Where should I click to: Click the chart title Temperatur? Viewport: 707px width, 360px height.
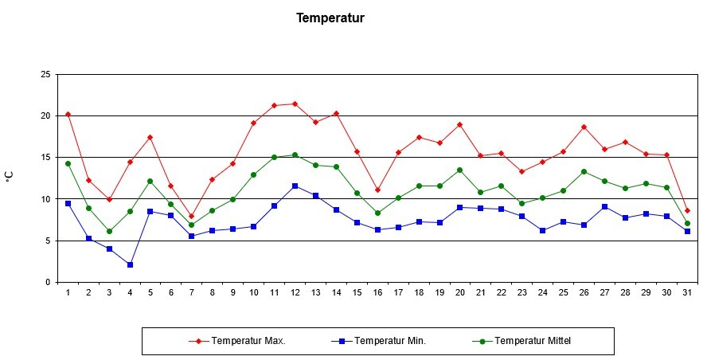[x=330, y=18]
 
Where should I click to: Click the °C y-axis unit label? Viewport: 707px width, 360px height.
[x=10, y=177]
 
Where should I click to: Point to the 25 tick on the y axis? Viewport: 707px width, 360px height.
[x=45, y=74]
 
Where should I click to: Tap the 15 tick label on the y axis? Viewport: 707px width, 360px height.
[x=45, y=158]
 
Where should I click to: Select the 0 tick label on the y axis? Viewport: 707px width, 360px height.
[x=48, y=282]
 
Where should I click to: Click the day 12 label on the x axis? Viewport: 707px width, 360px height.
[x=295, y=293]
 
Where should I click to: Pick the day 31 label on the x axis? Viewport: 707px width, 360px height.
[x=687, y=293]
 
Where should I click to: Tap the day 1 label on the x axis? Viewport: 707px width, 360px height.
[x=68, y=293]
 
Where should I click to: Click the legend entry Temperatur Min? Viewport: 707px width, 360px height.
[x=390, y=341]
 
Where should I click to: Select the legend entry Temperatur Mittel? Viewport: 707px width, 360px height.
[x=533, y=341]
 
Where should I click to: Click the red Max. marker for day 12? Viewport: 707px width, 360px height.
[x=295, y=104]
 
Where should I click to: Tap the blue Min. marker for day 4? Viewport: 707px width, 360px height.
[x=130, y=264]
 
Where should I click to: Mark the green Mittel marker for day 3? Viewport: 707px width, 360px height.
[x=109, y=231]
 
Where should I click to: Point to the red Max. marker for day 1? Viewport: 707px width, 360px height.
[x=68, y=114]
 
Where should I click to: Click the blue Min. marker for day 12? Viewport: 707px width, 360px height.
[x=295, y=186]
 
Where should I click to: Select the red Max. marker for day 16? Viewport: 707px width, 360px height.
[x=377, y=190]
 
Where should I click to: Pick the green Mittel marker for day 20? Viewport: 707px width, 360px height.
[x=459, y=170]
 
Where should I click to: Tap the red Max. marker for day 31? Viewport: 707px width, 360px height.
[x=687, y=210]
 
